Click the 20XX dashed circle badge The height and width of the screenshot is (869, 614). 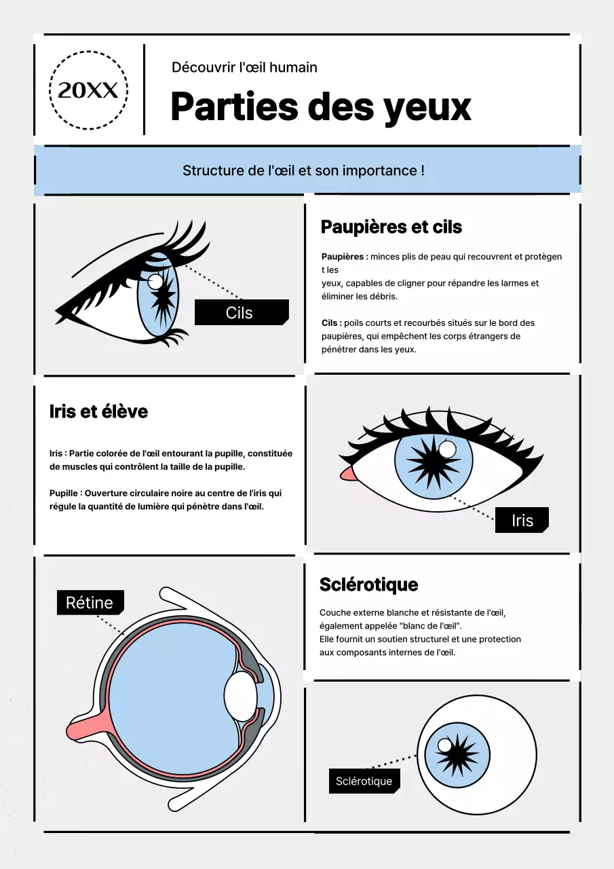(88, 90)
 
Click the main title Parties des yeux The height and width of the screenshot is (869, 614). (320, 107)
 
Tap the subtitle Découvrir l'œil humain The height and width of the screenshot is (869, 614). (244, 67)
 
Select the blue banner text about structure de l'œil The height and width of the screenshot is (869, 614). (303, 170)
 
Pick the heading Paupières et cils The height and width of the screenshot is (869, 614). (391, 227)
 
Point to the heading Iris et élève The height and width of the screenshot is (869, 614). (98, 411)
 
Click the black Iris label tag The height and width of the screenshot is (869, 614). (521, 520)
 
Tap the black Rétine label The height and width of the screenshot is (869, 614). (90, 602)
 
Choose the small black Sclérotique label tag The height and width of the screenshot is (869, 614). (364, 781)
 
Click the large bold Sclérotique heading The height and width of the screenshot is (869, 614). (368, 585)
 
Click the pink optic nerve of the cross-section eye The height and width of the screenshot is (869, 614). (85, 728)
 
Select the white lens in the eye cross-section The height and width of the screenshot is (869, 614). (240, 697)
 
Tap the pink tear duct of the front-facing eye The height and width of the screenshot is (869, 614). (347, 473)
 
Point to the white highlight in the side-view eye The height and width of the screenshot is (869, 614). (155, 281)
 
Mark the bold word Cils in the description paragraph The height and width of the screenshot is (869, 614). (330, 323)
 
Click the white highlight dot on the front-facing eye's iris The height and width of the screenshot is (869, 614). (447, 449)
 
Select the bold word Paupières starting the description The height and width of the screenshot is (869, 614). (344, 257)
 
